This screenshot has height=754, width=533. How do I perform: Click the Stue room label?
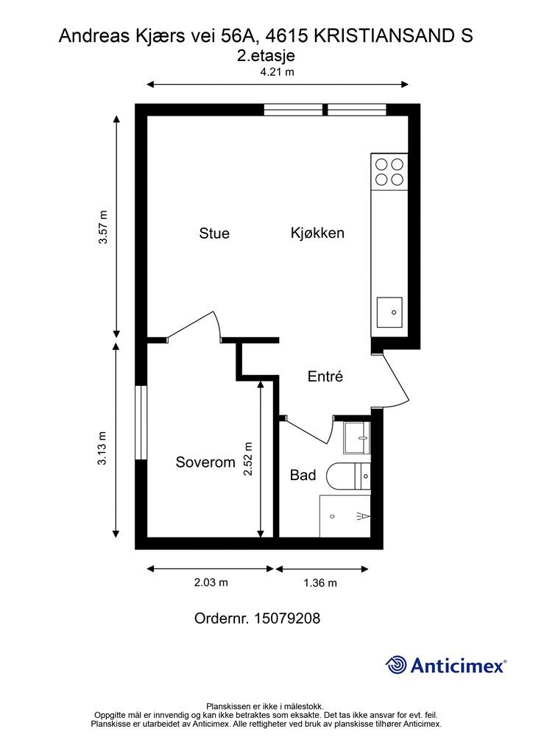pyautogui.click(x=214, y=233)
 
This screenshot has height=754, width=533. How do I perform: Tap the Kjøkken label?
pyautogui.click(x=317, y=233)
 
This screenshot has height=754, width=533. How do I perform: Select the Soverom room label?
pyautogui.click(x=205, y=462)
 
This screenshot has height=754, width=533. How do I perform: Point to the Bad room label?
pyautogui.click(x=303, y=475)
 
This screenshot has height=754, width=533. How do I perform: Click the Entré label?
pyautogui.click(x=325, y=376)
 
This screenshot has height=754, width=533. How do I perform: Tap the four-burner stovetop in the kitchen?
pyautogui.click(x=389, y=172)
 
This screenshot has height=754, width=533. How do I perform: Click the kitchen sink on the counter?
pyautogui.click(x=389, y=312)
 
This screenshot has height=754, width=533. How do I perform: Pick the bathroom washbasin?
pyautogui.click(x=357, y=439)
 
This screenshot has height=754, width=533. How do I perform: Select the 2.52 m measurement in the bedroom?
pyautogui.click(x=249, y=459)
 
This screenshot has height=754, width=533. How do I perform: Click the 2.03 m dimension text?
pyautogui.click(x=211, y=582)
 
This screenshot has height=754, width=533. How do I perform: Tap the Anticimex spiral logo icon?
pyautogui.click(x=397, y=665)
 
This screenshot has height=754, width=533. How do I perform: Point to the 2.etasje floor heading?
pyautogui.click(x=266, y=54)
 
